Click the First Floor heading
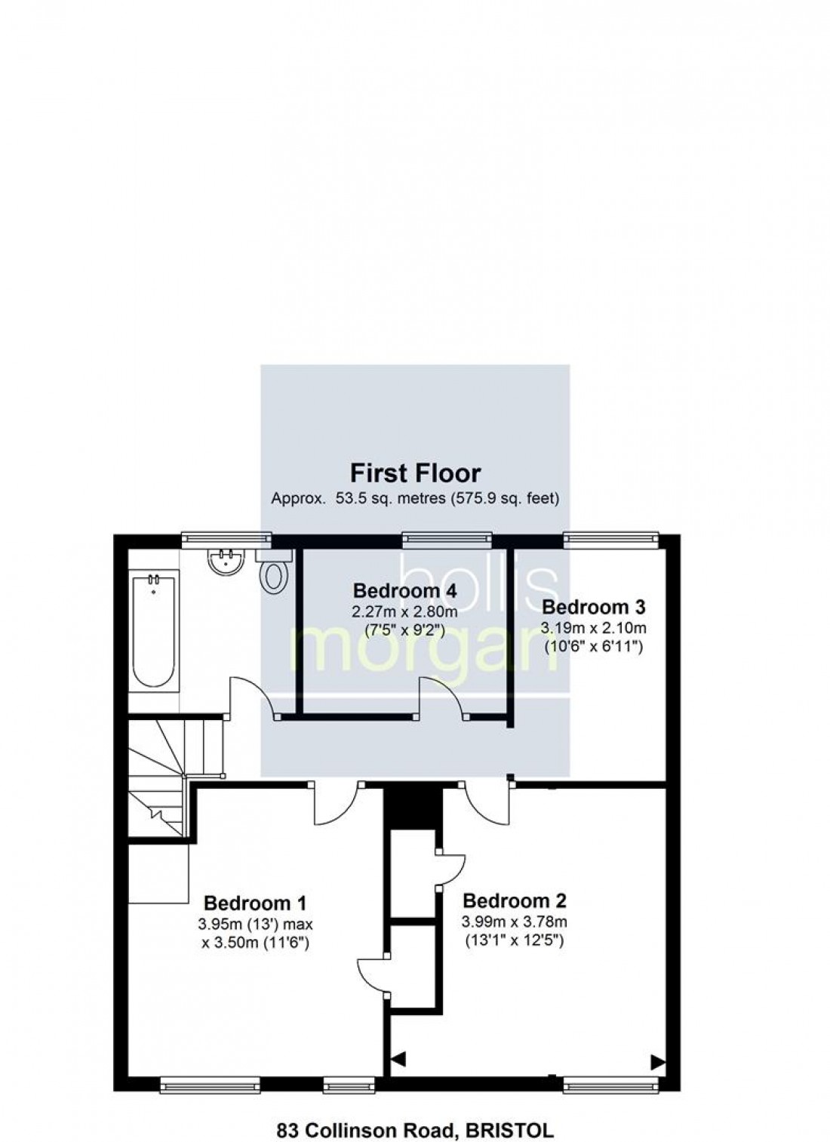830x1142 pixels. pos(415,473)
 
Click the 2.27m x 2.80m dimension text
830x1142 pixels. pos(404,611)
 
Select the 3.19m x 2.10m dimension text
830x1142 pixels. pos(594,627)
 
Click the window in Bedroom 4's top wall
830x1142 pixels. pos(447,537)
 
